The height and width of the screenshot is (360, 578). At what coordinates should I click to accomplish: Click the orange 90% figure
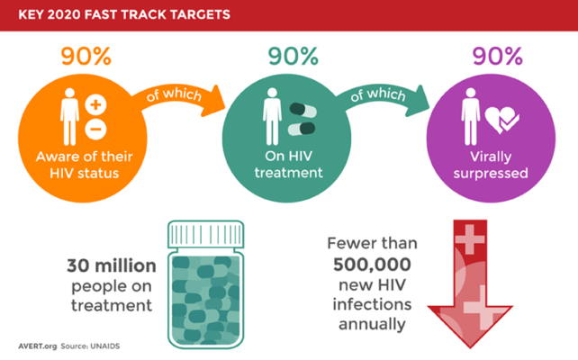click(86, 57)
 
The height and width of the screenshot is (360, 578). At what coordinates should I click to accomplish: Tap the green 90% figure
click(294, 57)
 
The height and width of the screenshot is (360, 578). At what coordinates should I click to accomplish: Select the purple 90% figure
click(497, 57)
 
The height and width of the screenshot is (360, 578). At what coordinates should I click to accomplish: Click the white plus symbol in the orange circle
click(95, 104)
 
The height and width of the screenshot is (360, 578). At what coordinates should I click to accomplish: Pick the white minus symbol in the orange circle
click(95, 129)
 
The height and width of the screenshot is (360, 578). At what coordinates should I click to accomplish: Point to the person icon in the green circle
click(272, 116)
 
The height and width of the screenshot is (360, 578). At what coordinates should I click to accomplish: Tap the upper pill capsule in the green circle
click(303, 110)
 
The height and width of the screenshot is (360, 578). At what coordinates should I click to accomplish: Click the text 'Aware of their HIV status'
click(84, 165)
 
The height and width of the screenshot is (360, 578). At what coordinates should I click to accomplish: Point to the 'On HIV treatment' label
click(289, 165)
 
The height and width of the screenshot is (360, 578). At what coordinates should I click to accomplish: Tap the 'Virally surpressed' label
click(491, 165)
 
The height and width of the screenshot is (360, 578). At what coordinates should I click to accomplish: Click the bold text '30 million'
click(112, 265)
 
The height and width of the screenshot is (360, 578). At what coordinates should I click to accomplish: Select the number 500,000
click(372, 265)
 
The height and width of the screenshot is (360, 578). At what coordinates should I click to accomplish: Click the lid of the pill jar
click(205, 234)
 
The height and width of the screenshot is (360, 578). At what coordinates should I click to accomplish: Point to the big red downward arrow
click(470, 284)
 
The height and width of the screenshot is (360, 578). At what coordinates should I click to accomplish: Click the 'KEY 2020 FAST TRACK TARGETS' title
click(124, 14)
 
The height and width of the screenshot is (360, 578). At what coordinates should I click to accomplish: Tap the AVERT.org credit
click(38, 346)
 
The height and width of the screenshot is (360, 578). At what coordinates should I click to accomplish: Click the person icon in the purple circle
click(470, 116)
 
